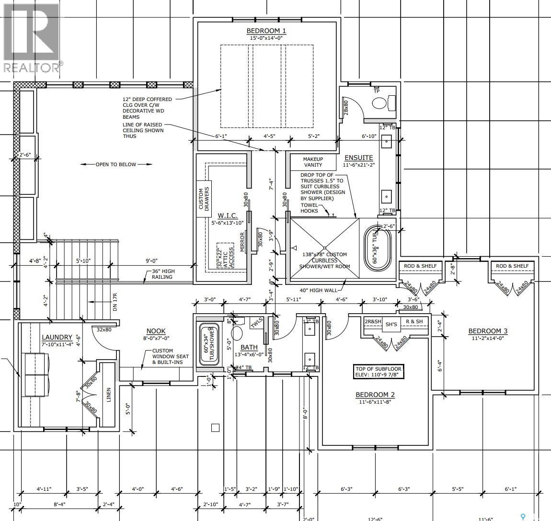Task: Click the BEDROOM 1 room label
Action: tap(266, 31)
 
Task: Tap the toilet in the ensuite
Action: tap(381, 103)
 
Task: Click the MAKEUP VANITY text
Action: tap(313, 162)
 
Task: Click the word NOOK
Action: tap(156, 331)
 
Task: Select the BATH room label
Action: tap(249, 347)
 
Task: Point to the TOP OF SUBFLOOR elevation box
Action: tap(379, 372)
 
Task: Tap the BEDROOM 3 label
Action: tap(488, 331)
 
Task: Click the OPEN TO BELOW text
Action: tap(116, 164)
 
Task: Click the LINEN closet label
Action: tap(109, 396)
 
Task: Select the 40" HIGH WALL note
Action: tap(318, 290)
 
